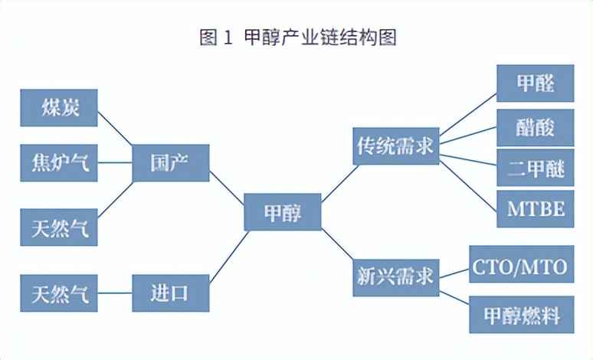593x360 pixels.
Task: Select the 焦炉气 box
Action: pyautogui.click(x=60, y=162)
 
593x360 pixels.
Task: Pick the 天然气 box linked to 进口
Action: pyautogui.click(x=60, y=293)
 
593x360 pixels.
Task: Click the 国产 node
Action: pyautogui.click(x=170, y=162)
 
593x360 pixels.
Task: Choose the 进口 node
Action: pyautogui.click(x=170, y=293)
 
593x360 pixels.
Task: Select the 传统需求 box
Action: pyautogui.click(x=395, y=146)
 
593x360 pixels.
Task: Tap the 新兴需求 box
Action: pyautogui.click(x=395, y=274)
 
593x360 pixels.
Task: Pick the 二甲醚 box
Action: pyautogui.click(x=535, y=169)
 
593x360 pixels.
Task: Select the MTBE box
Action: pyautogui.click(x=535, y=208)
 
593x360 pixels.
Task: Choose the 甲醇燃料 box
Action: pyautogui.click(x=521, y=314)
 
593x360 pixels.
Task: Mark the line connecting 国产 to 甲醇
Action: pyautogui.click(x=227, y=187)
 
